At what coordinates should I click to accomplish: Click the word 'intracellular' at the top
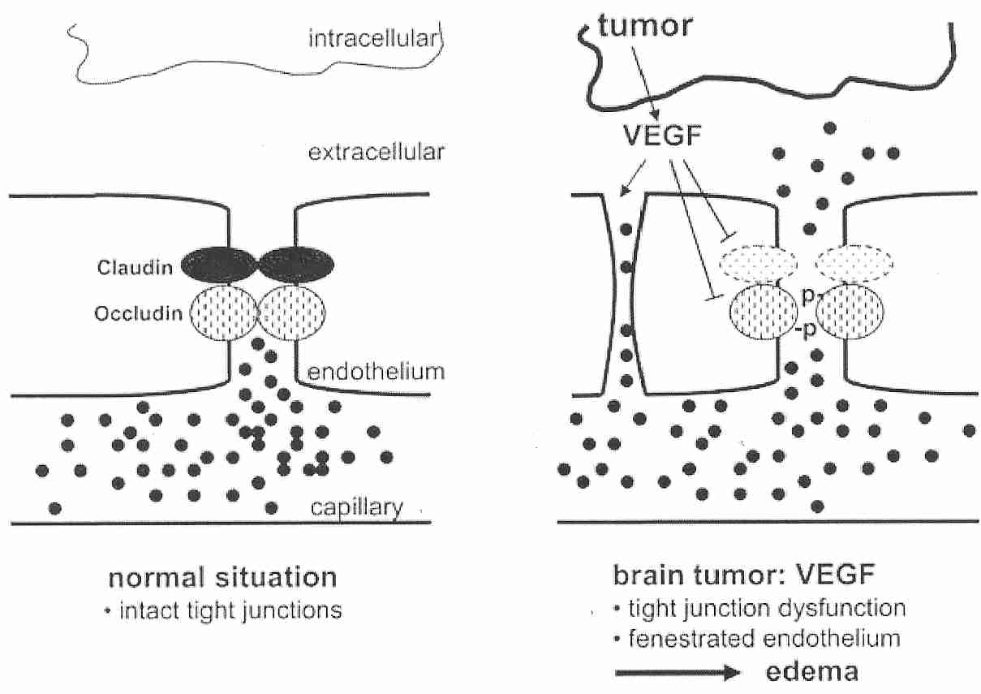click(372, 38)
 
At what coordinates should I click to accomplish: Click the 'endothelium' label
click(376, 372)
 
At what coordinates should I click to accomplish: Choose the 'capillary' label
click(357, 508)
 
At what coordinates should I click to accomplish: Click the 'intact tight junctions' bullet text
click(224, 609)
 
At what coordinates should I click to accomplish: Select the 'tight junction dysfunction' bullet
click(759, 607)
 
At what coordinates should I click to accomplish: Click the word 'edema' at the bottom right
click(804, 672)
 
